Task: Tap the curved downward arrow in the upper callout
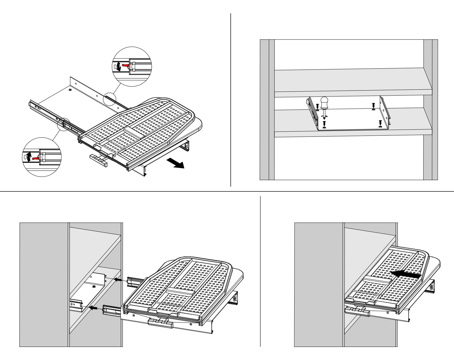(119, 67)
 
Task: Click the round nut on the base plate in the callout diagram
(70, 90)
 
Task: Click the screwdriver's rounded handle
(324, 102)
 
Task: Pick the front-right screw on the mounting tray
(380, 123)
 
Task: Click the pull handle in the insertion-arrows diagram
(160, 323)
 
